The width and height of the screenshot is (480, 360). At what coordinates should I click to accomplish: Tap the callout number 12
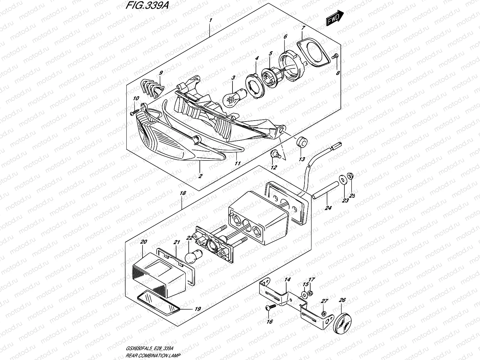point(274,167)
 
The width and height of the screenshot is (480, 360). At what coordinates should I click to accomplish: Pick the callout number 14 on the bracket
point(287,280)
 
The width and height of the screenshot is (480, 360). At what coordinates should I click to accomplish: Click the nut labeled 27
point(324,313)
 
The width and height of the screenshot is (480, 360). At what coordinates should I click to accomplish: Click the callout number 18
point(183,194)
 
